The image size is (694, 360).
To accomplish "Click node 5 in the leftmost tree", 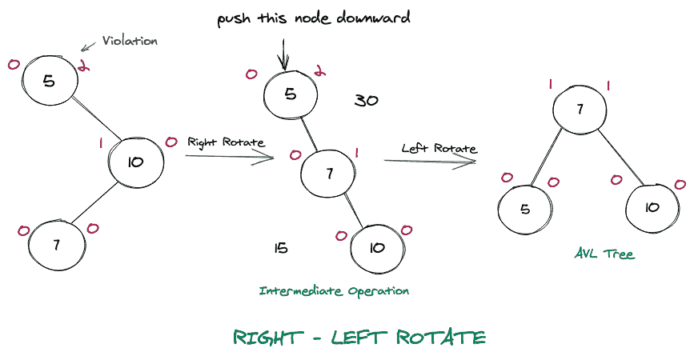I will click(49, 80).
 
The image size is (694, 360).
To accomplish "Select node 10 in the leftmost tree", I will click(135, 162).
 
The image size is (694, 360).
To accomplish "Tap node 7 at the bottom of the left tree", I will click(56, 245).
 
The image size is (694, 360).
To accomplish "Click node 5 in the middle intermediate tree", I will click(291, 94).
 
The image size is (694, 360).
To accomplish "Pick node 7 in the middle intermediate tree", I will click(327, 172).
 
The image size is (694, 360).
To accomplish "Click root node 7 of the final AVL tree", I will click(579, 110).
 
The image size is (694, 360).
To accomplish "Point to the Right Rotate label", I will click(226, 142).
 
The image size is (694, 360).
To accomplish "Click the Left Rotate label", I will click(439, 148).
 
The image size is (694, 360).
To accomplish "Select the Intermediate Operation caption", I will click(334, 291).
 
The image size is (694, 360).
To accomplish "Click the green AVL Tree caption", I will click(604, 254).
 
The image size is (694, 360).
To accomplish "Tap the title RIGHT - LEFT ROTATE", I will click(359, 337).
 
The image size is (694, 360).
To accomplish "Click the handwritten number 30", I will click(366, 101).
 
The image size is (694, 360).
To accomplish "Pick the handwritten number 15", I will click(280, 248).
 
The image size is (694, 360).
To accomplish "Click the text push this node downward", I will click(313, 18).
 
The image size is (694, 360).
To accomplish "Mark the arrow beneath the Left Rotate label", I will click(430, 162).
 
